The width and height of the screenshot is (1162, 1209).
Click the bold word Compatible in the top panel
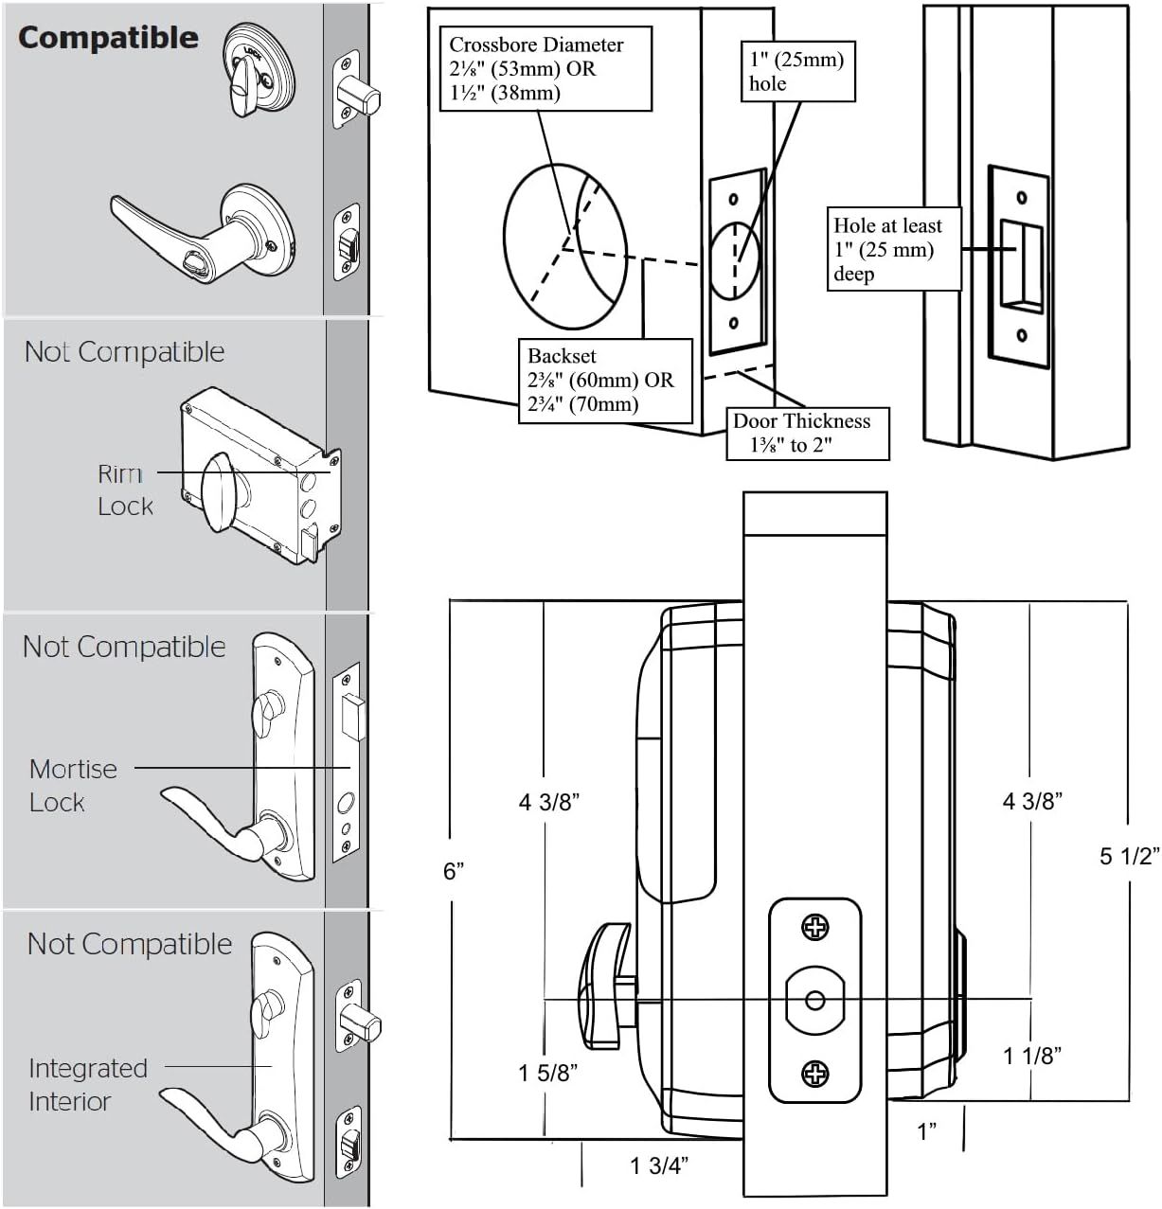coord(108,38)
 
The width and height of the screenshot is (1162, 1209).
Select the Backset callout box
coord(600,381)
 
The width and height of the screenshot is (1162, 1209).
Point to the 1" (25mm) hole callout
coord(796,71)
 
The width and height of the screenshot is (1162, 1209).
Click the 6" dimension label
coord(454,871)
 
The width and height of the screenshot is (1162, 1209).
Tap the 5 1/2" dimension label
coord(1129,856)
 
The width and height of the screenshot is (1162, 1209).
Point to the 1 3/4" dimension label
coord(659,1165)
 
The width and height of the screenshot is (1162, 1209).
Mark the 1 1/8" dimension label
coord(1031,1056)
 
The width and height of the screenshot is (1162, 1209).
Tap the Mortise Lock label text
coord(73,785)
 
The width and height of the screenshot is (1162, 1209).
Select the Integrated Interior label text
coord(87,1085)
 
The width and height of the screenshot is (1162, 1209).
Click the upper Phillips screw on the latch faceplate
coord(814,928)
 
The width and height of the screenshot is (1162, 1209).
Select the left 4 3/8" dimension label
coord(548,802)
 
